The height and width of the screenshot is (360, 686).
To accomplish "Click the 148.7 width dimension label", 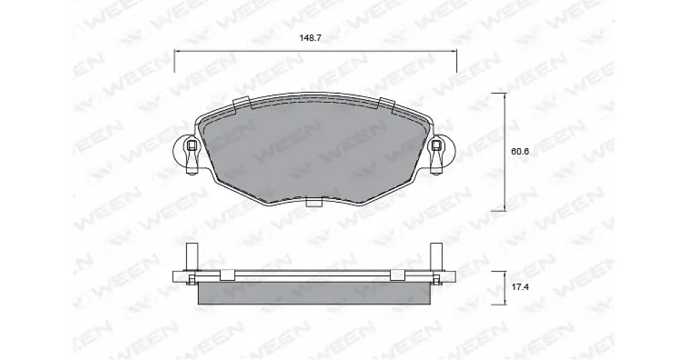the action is coord(310,38).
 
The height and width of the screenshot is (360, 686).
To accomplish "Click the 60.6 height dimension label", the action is coord(520,151).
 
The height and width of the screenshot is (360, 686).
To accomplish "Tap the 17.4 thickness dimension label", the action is coord(520,287).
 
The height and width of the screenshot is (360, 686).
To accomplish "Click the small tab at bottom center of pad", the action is coord(314,202).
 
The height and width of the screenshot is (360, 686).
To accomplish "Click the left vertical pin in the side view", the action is coord(192,257).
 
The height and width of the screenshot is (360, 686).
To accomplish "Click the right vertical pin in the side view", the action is coord(436,257).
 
